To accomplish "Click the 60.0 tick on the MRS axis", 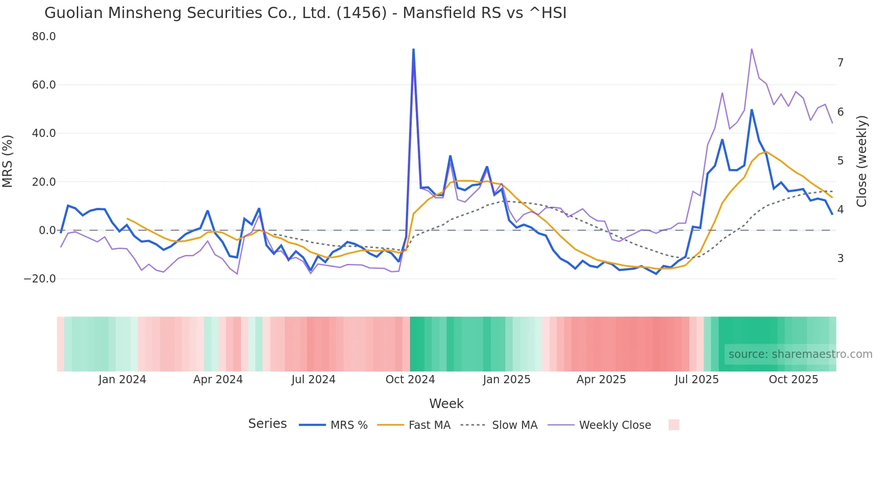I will coord(44,85).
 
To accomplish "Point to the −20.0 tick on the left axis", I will coord(40,279).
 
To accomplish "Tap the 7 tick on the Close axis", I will coord(840,63).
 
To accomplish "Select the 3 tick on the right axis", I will coord(840,258).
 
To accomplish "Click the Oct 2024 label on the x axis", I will coord(410,380).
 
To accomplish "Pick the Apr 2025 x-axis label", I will coord(601,380).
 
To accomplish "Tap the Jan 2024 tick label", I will coord(122,380).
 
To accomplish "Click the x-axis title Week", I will coord(446,404).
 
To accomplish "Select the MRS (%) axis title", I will coord(8,161).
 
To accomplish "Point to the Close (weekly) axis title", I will coord(862,161).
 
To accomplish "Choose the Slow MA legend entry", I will coord(514,425).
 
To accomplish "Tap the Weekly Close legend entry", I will coord(615,425).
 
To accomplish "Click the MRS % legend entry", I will coord(349,425).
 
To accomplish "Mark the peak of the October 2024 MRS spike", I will coord(414,49).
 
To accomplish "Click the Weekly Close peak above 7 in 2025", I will coord(751,49).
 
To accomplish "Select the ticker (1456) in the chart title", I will coord(362,13).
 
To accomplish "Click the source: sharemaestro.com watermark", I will coord(800,354).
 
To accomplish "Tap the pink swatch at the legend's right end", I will coord(674,425).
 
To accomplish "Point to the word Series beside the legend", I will coord(267,424).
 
